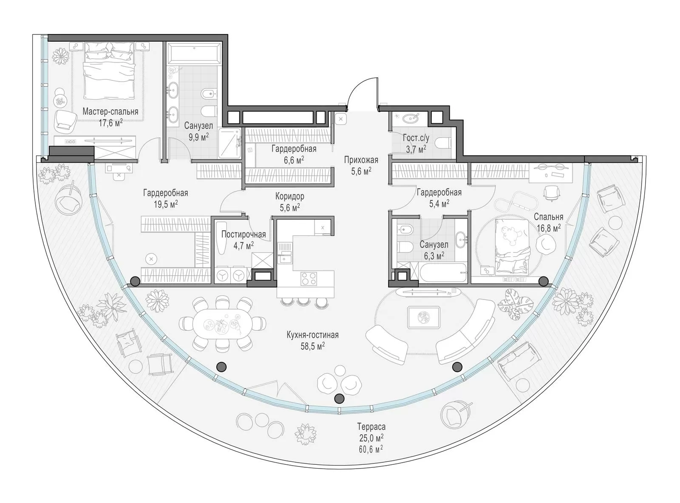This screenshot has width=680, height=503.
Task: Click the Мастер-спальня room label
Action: pos(110,111)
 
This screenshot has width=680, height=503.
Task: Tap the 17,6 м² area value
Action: pos(110,123)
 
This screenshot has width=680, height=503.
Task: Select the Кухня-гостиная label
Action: pos(312,335)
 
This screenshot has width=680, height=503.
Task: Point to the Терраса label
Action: pos(371,427)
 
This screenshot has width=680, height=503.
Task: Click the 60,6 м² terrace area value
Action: pos(371,449)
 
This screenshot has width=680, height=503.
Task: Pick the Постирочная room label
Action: pos(244,235)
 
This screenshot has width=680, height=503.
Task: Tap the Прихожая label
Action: pos(361,160)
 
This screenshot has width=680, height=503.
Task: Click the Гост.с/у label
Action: pos(416,138)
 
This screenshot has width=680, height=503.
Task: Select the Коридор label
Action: pos(289,196)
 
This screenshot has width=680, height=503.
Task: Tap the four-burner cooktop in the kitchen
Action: pos(309,279)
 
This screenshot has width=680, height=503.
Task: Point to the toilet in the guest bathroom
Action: pos(444,143)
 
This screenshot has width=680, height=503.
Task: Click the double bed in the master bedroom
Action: pos(110,71)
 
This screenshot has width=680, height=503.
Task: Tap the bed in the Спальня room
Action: pos(512,246)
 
